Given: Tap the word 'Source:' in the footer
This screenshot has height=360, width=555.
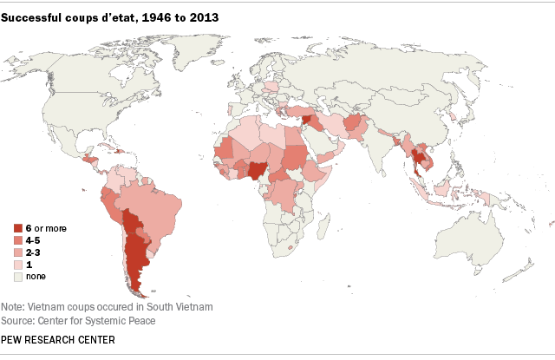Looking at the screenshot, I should (25, 321).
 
